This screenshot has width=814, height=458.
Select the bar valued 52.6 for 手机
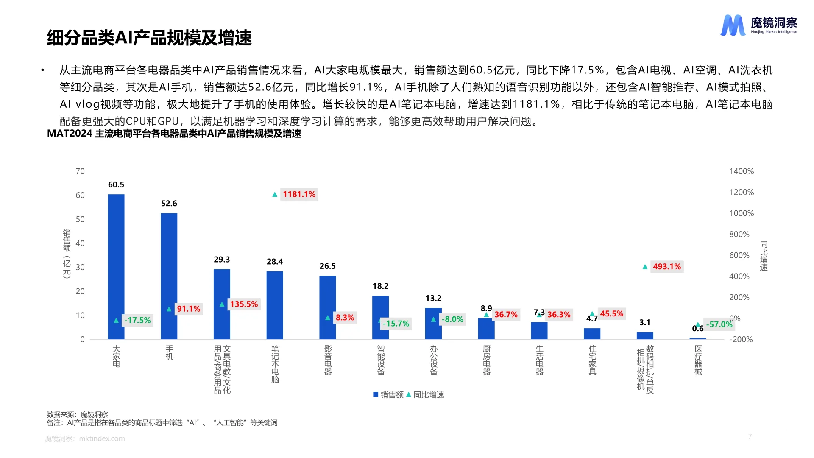169,276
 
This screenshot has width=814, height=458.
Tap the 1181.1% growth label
299,194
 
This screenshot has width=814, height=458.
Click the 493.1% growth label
666,266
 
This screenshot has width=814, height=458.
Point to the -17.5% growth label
137,320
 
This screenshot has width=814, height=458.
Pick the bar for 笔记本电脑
275,305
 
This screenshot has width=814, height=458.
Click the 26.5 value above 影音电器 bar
327,266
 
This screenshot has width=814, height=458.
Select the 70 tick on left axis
80,171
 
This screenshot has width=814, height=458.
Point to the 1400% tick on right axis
741,171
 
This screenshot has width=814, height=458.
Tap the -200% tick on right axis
741,339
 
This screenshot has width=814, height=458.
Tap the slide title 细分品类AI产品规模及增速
149,38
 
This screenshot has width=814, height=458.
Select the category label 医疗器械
698,360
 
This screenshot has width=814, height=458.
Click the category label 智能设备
381,360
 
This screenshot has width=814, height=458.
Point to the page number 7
750,436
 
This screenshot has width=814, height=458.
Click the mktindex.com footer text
102,438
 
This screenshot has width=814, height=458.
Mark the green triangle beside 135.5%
222,304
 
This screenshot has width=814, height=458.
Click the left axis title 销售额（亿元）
67,254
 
